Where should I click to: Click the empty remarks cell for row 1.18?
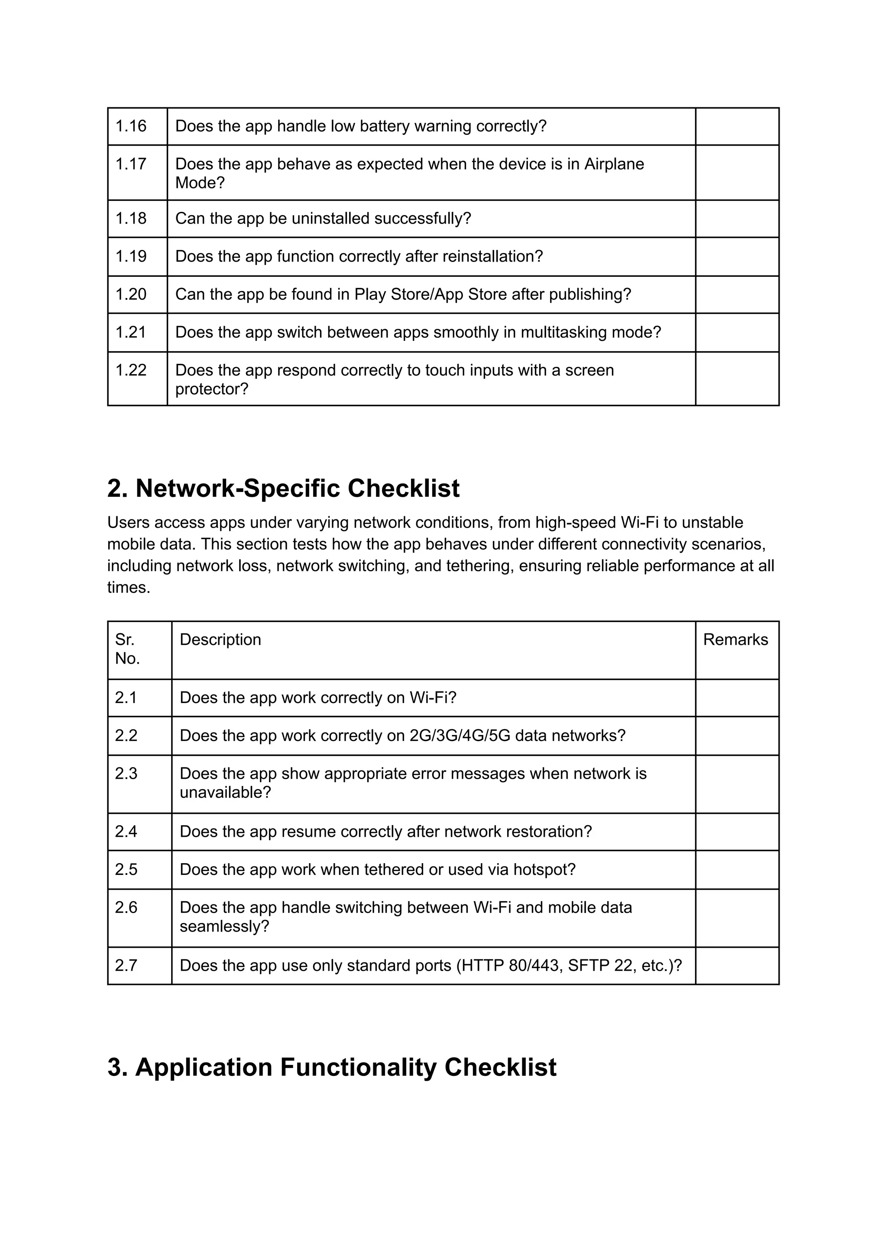click(737, 218)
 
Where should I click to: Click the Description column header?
click(220, 639)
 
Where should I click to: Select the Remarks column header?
click(735, 639)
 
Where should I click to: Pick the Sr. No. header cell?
click(128, 649)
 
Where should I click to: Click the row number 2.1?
click(126, 697)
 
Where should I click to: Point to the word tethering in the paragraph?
click(479, 565)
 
